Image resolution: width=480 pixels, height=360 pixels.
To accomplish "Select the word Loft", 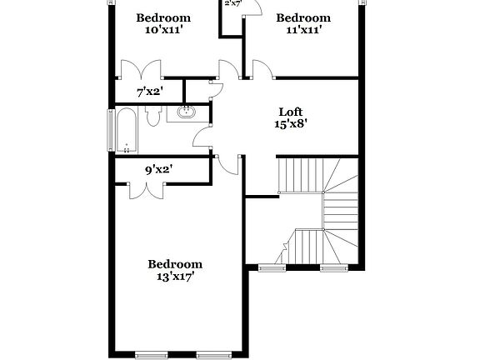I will pyautogui.click(x=291, y=112).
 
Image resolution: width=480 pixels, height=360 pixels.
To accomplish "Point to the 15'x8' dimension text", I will pyautogui.click(x=291, y=124).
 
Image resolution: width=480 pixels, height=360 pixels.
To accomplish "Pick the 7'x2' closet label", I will pyautogui.click(x=150, y=92).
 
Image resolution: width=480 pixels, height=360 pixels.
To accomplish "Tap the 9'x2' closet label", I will pyautogui.click(x=159, y=170).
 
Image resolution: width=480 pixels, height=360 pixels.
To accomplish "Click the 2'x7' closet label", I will pyautogui.click(x=232, y=3).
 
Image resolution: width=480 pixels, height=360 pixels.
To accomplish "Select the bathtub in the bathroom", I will pyautogui.click(x=126, y=131).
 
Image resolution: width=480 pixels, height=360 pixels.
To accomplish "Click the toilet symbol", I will pyautogui.click(x=152, y=117).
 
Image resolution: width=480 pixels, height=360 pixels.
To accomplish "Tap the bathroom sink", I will pyautogui.click(x=186, y=112).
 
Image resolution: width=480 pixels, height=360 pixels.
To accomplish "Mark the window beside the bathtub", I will pyautogui.click(x=110, y=131).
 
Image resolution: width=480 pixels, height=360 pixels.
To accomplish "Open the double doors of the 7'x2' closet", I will pyautogui.click(x=140, y=70).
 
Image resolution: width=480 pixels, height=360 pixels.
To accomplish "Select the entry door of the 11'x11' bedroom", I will pyautogui.click(x=260, y=69).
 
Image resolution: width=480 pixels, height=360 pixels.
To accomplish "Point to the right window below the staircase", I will pyautogui.click(x=334, y=267).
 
